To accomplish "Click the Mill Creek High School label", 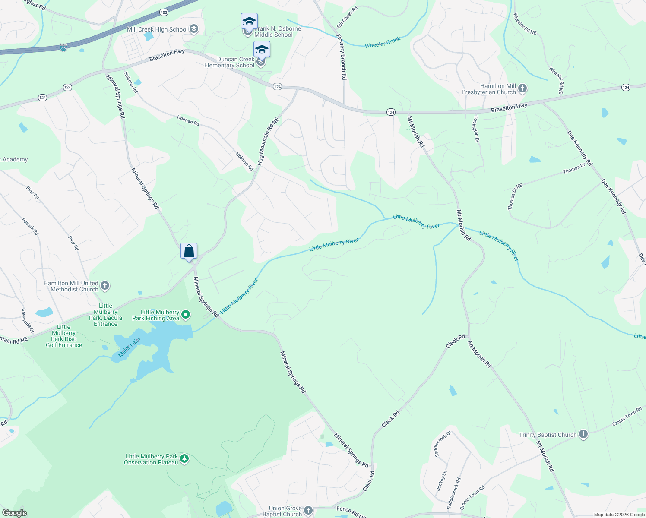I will click(157, 29).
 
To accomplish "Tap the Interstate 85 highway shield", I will click(63, 47).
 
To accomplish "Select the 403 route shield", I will click(164, 13).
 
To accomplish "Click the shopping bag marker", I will click(189, 251).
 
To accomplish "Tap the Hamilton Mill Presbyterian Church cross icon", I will click(522, 89).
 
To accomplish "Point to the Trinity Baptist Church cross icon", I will click(583, 434).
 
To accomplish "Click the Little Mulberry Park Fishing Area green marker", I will click(186, 315).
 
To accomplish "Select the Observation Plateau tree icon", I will click(184, 458).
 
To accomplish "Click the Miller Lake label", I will click(130, 347).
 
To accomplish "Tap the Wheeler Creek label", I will click(383, 42).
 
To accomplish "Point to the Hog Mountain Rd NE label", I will click(268, 142).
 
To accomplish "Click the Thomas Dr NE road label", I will click(515, 196).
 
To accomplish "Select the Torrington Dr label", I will click(476, 129).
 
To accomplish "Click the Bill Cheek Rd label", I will click(348, 17).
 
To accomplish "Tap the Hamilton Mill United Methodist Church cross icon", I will click(105, 285).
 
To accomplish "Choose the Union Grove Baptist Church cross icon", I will click(308, 511).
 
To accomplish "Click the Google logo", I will click(14, 512).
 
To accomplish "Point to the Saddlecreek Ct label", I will click(443, 444).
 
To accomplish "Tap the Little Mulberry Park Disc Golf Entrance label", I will click(64, 336).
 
